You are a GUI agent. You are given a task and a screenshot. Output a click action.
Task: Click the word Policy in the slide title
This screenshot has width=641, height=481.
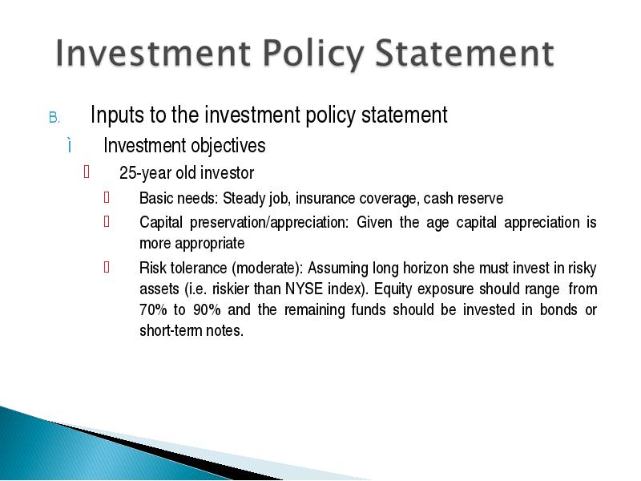point(312,54)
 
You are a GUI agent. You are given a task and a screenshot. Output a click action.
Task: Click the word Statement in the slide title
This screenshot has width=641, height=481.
point(465,53)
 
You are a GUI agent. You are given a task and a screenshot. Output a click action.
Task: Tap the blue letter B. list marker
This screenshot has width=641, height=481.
point(54,118)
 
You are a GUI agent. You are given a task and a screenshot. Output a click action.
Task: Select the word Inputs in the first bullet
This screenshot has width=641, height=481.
point(117,115)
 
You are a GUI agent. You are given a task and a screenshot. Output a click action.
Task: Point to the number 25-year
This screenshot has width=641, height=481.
point(146,173)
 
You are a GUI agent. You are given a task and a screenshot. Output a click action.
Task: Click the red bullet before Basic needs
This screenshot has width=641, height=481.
point(107,197)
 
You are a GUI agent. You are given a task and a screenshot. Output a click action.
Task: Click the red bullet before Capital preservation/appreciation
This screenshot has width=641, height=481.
point(107,222)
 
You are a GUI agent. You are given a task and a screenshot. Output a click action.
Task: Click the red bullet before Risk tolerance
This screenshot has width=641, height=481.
point(107,268)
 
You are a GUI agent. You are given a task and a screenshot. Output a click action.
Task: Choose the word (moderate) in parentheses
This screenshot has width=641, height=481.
point(266,269)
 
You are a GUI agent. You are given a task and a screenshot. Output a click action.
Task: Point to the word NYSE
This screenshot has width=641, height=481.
point(304,289)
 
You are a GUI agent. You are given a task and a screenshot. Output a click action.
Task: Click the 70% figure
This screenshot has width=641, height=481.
point(153,309)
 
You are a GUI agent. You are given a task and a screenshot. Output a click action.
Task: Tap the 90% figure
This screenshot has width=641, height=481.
point(207,309)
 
